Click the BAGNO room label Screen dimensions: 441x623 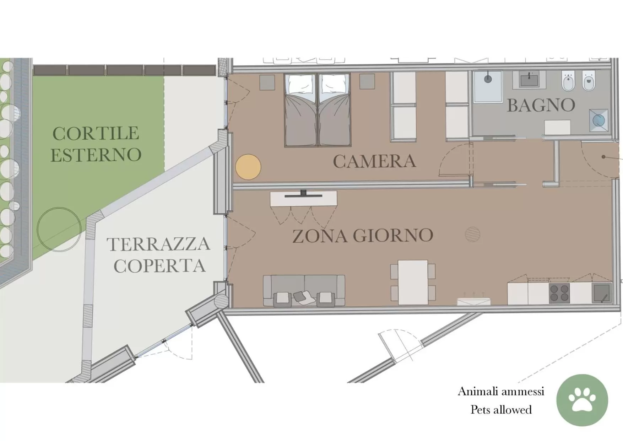click(541, 105)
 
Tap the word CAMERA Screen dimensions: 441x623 click(374, 161)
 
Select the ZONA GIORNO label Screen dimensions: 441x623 click(363, 236)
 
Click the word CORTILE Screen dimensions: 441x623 click(96, 134)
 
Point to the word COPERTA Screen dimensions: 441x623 click(159, 266)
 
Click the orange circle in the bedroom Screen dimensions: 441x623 click(248, 167)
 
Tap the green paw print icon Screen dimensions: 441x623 click(582, 400)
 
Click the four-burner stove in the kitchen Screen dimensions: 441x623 click(559, 293)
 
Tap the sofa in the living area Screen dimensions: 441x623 click(304, 290)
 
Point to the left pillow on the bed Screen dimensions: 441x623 click(301, 84)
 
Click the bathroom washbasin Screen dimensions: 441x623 click(530, 79)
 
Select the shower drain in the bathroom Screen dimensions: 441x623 click(488, 79)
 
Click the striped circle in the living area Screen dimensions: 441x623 click(472, 234)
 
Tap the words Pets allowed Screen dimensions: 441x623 click(501, 410)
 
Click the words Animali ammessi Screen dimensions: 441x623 click(501, 391)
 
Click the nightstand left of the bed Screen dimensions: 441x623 click(267, 82)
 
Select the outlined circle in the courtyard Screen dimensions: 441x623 click(59, 229)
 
